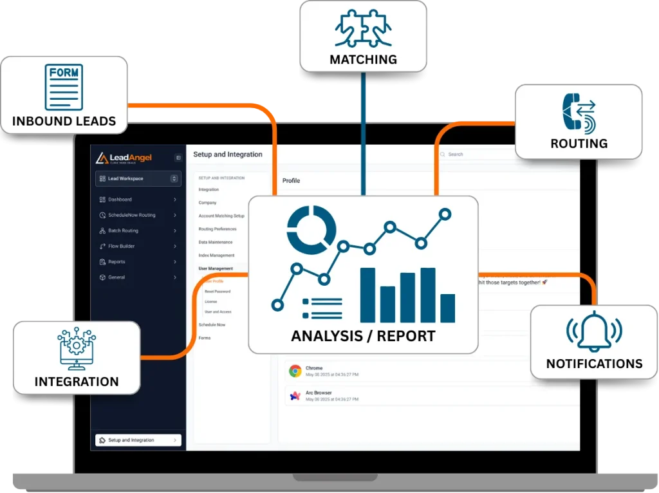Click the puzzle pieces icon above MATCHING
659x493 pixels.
(363, 28)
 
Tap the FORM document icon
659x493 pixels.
(64, 87)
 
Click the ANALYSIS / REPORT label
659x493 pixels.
(363, 336)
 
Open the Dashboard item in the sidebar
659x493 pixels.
(120, 200)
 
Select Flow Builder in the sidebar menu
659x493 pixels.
(121, 247)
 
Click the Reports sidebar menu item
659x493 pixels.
(116, 262)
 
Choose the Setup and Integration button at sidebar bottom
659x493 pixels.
(138, 440)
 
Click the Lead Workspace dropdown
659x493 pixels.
(138, 178)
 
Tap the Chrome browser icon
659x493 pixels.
(295, 371)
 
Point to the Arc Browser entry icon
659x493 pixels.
(295, 396)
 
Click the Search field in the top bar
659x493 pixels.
(476, 154)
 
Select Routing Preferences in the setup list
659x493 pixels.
(218, 229)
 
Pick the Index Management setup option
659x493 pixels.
(216, 256)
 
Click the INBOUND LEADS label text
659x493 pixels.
(64, 121)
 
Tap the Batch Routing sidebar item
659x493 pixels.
(123, 230)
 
